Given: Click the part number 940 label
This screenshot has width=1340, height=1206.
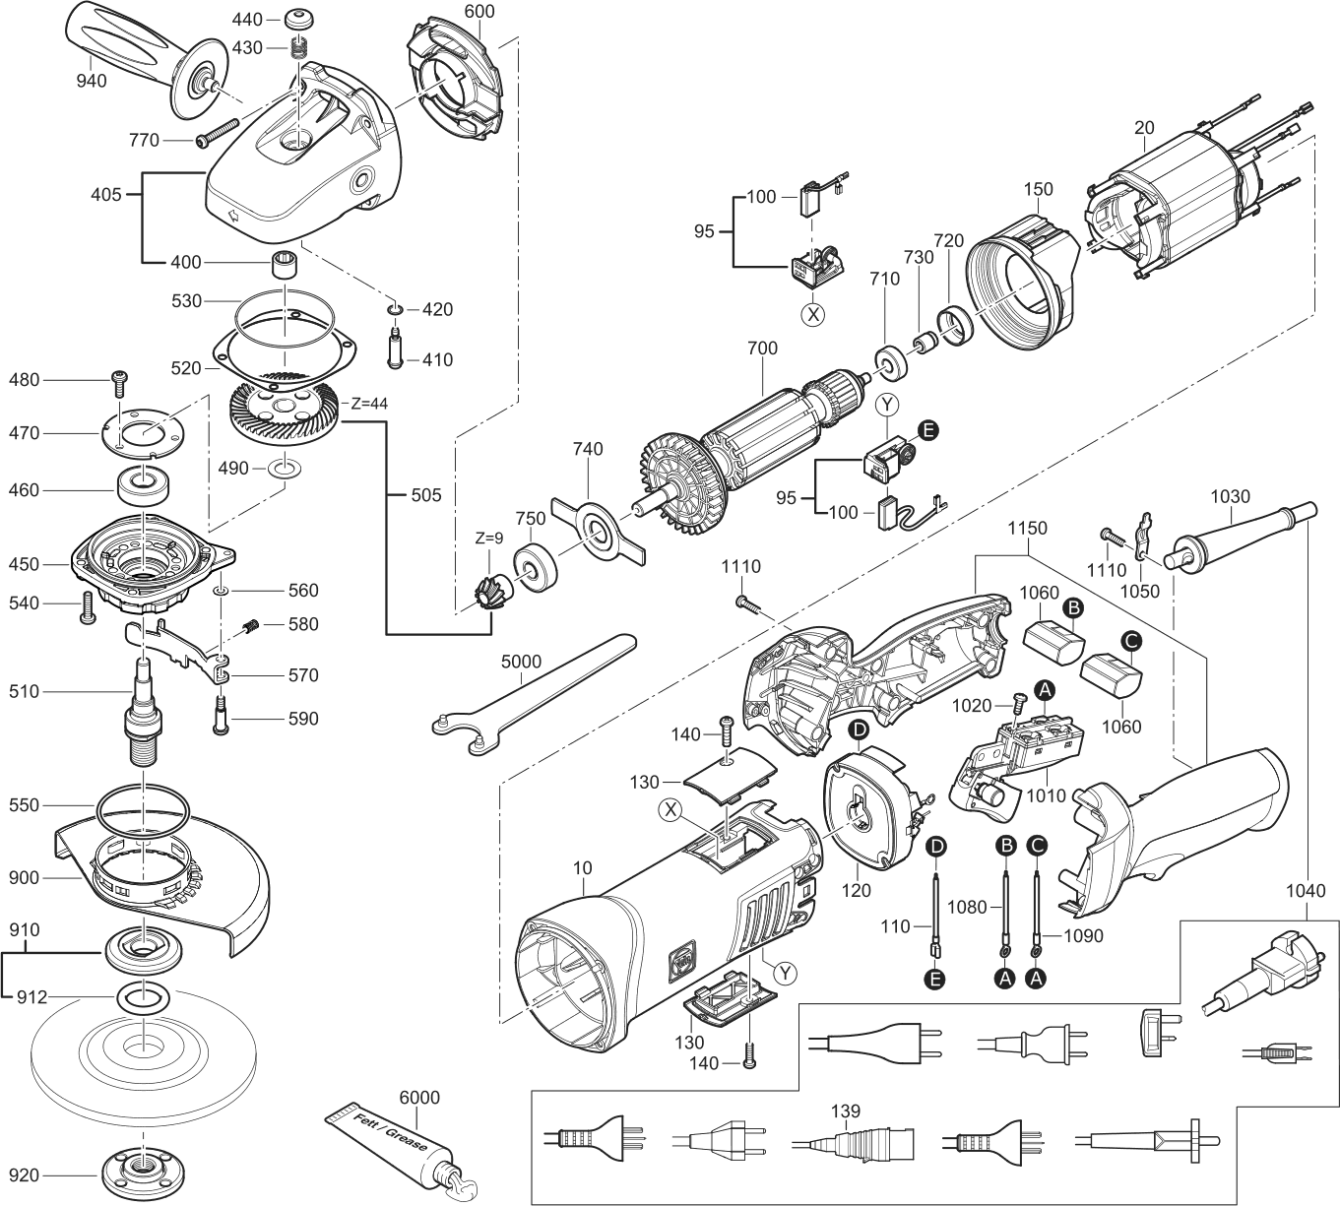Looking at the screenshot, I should click(x=92, y=81).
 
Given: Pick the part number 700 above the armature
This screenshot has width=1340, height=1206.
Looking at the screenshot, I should click(x=762, y=348).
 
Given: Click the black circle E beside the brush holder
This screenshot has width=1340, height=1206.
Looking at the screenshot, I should click(x=926, y=429).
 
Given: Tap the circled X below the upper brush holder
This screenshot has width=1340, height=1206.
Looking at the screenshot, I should click(x=813, y=315).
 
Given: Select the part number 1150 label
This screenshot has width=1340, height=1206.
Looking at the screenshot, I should click(x=1027, y=529).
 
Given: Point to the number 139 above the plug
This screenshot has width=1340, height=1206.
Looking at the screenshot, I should click(x=845, y=1111).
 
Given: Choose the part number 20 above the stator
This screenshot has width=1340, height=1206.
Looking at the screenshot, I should click(x=1144, y=127).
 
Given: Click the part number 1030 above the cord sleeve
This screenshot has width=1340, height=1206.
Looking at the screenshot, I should click(x=1231, y=497).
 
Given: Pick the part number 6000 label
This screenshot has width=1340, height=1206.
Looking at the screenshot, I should click(x=419, y=1098).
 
